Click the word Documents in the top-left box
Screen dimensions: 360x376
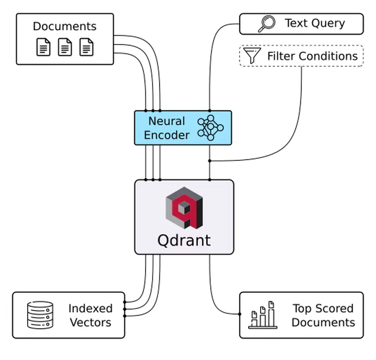[65, 26]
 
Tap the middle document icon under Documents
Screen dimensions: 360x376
[65, 47]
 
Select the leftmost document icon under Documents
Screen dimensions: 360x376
[43, 47]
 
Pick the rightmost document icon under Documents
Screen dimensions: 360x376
[87, 47]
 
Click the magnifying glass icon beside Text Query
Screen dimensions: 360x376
[267, 24]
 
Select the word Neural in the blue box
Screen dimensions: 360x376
[166, 121]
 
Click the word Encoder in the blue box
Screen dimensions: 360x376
[166, 135]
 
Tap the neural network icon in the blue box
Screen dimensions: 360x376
[211, 128]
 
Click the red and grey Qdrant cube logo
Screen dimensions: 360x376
[184, 208]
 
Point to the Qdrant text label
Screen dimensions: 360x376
[184, 240]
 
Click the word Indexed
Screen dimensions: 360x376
[90, 308]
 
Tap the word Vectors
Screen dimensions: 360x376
[90, 322]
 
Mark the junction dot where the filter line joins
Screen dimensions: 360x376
[210, 161]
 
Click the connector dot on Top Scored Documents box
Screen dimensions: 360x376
[240, 313]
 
